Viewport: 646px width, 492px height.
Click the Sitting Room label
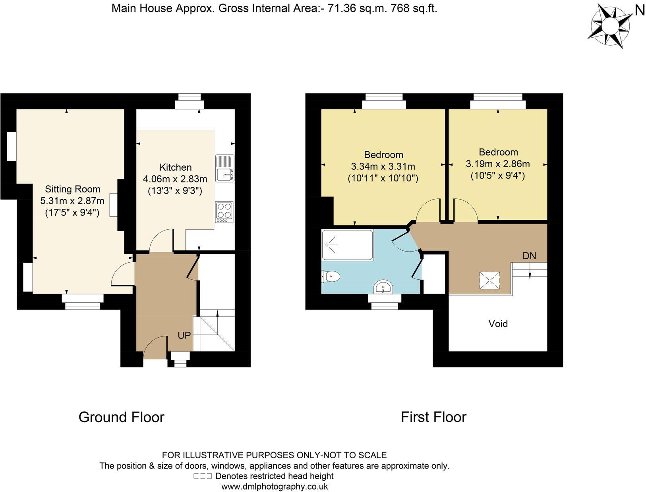tap(72, 189)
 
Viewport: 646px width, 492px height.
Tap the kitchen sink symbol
tap(224, 168)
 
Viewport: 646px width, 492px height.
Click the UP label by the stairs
tap(184, 335)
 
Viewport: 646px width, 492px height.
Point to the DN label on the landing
tap(529, 256)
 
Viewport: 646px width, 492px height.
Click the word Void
tap(498, 324)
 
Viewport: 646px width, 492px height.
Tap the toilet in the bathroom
tap(331, 276)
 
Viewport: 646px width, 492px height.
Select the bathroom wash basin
tap(384, 287)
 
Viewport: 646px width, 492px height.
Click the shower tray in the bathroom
tap(347, 245)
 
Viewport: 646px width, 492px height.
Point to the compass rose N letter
tap(640, 11)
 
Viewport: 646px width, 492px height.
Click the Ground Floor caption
tap(121, 417)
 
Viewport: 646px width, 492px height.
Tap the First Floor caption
tap(433, 417)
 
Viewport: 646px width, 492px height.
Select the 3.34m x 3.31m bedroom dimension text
tap(383, 166)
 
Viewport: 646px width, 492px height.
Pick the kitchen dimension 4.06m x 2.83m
tap(175, 179)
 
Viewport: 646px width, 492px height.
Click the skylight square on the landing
tap(489, 281)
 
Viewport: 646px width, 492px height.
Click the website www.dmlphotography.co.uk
tap(274, 486)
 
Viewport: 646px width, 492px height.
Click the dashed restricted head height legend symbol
tap(203, 476)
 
